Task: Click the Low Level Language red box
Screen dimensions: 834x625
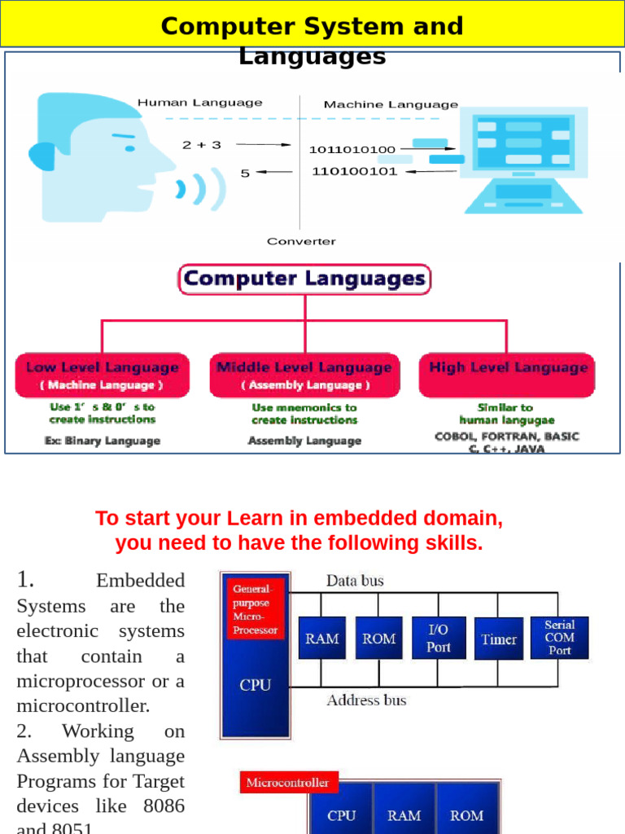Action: click(102, 375)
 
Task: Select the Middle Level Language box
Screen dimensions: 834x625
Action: click(304, 375)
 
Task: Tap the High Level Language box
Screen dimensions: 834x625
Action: click(508, 375)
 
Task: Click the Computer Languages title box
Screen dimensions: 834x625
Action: click(304, 279)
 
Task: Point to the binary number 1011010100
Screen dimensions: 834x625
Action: click(352, 150)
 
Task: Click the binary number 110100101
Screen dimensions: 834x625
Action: click(354, 171)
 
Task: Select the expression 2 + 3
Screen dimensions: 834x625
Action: click(201, 145)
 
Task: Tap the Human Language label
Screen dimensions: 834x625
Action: click(199, 103)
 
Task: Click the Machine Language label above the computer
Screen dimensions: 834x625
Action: click(391, 104)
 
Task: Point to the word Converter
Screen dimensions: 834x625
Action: click(301, 241)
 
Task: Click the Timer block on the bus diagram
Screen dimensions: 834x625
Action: click(498, 639)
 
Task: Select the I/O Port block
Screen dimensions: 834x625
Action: click(439, 639)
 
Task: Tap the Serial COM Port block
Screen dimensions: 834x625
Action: click(559, 638)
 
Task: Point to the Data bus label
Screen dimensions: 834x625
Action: click(355, 581)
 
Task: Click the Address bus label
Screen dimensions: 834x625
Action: click(366, 700)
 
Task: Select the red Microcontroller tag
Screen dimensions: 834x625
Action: click(288, 783)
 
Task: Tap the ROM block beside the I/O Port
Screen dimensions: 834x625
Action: click(379, 639)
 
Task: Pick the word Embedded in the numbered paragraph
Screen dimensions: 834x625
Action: click(140, 581)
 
